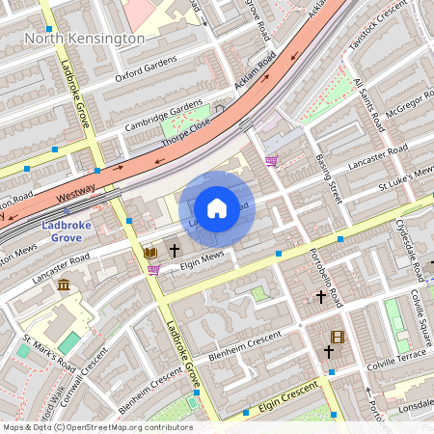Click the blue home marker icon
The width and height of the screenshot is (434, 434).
click(x=217, y=207)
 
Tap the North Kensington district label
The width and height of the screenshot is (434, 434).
click(x=85, y=39)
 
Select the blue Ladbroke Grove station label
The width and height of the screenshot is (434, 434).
click(x=67, y=231)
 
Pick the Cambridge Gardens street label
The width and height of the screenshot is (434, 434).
click(x=163, y=116)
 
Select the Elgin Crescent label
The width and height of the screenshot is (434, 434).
click(x=288, y=402)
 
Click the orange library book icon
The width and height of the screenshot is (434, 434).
click(x=149, y=253)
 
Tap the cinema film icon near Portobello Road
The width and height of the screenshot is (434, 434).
click(x=337, y=337)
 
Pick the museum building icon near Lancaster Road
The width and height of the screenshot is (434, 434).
click(x=64, y=285)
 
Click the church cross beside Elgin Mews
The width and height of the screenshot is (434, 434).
click(x=175, y=250)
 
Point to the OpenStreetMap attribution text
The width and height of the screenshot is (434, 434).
click(x=96, y=427)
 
